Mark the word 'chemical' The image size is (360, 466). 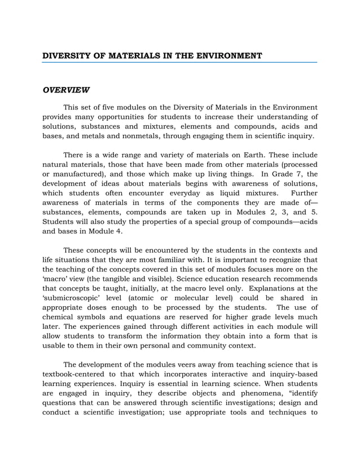pos(60,318)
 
